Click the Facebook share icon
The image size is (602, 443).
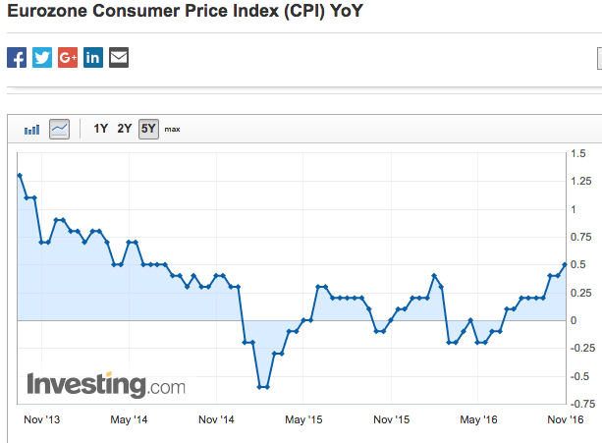click(x=17, y=57)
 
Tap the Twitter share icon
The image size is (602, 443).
click(x=42, y=57)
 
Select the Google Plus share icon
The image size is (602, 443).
click(x=68, y=57)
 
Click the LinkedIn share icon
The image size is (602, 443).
click(x=93, y=57)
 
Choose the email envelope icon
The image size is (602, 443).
click(x=119, y=57)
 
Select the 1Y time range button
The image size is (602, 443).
click(x=101, y=129)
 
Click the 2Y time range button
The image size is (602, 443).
click(x=125, y=129)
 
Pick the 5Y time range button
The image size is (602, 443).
click(x=148, y=129)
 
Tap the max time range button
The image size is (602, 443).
click(x=172, y=129)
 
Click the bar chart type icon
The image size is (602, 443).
click(x=32, y=129)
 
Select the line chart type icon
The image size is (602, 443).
click(x=59, y=129)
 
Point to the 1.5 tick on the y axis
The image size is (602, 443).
click(x=577, y=154)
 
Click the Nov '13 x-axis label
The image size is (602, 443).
click(x=40, y=420)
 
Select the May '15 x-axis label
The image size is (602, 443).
click(x=304, y=420)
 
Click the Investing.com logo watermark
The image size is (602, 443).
click(x=105, y=384)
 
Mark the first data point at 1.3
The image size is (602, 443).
click(x=20, y=176)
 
